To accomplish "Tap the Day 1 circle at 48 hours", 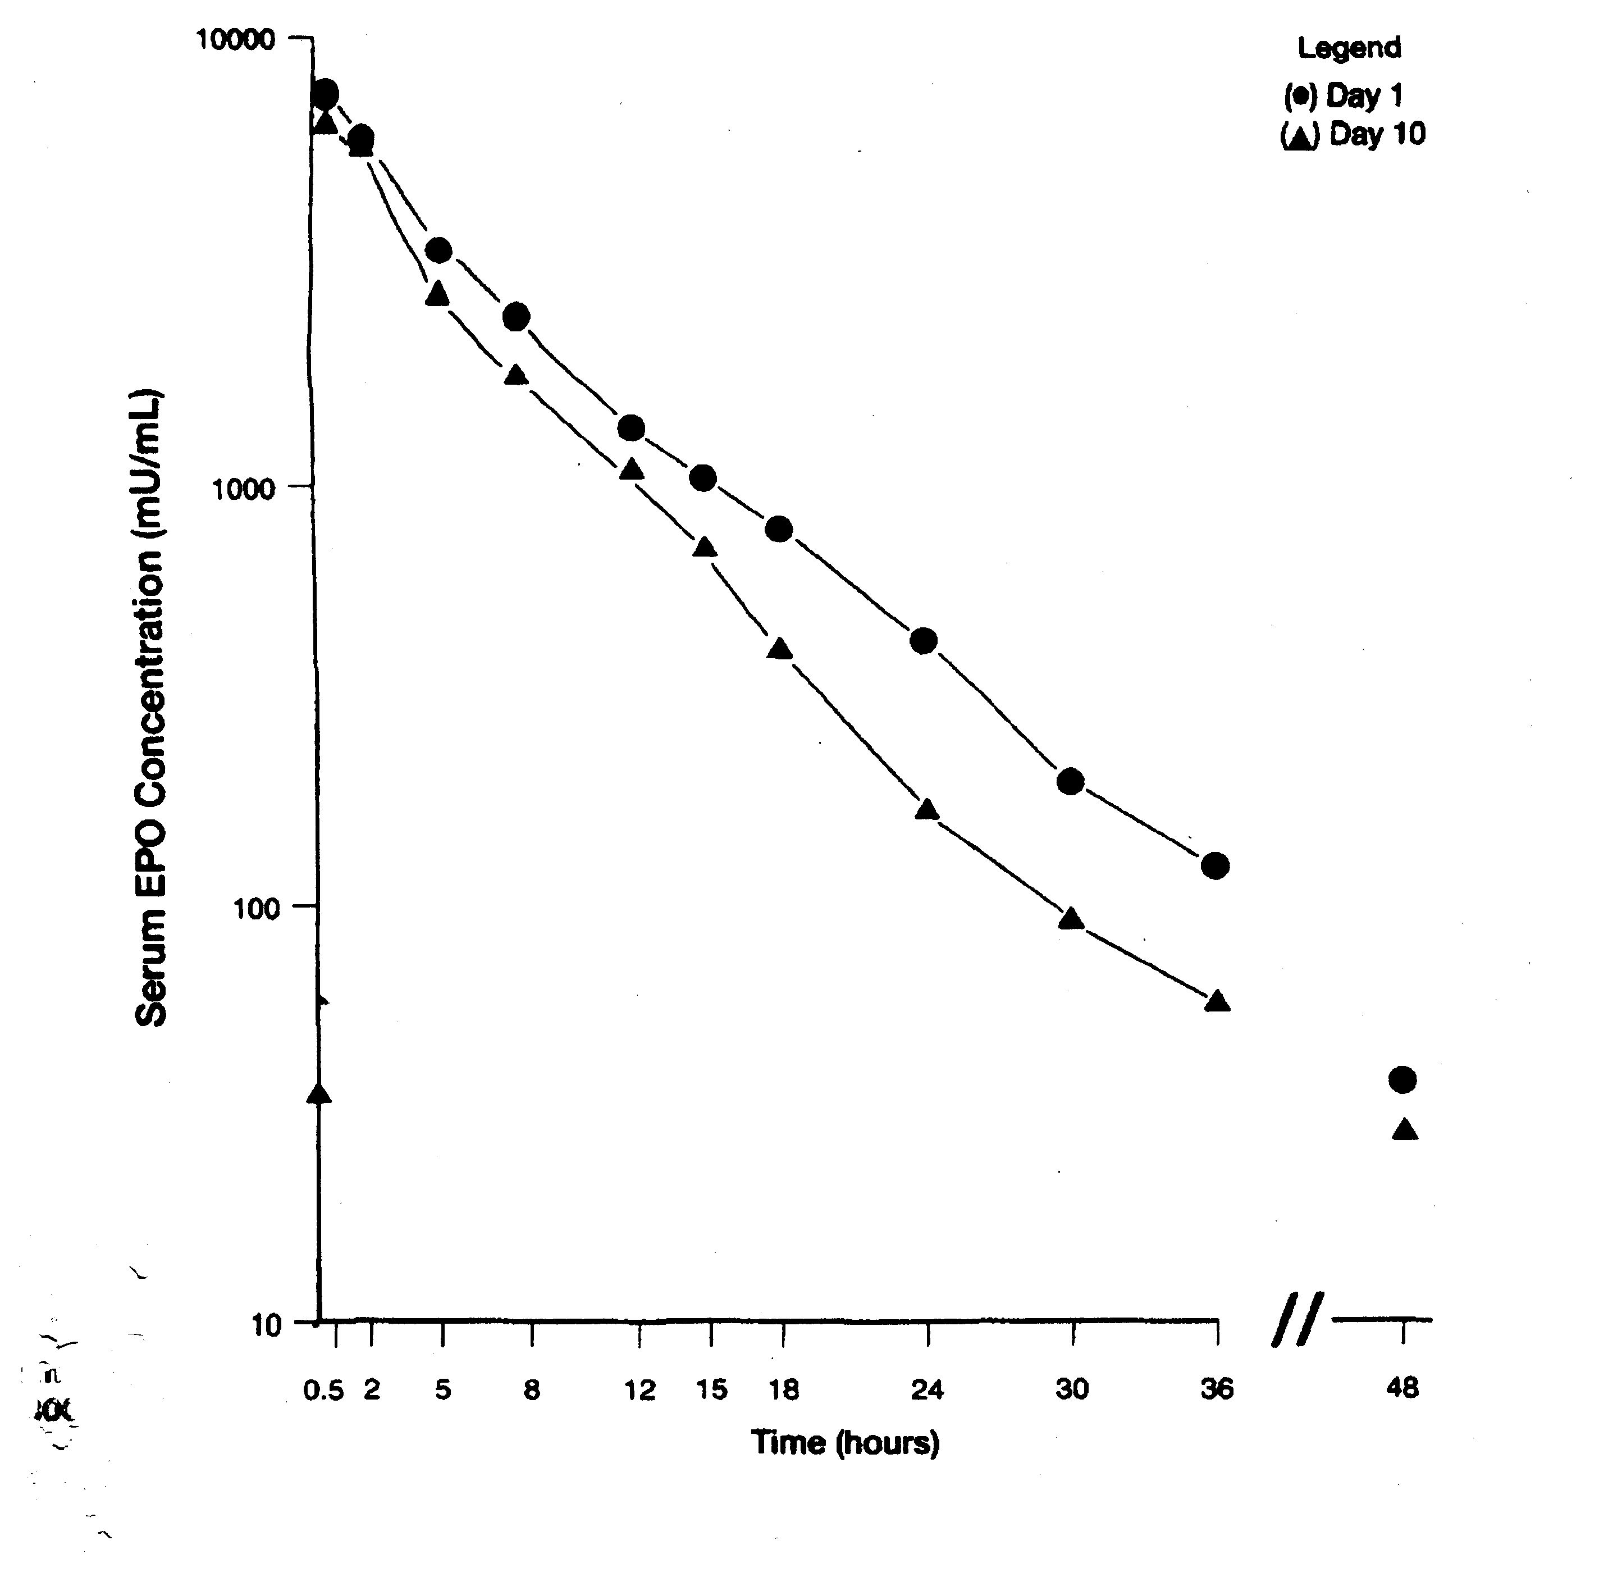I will pyautogui.click(x=1402, y=1079).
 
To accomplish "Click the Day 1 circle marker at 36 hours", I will pyautogui.click(x=1215, y=866).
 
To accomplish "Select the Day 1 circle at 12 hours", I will pyautogui.click(x=632, y=428).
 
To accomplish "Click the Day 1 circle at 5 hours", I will pyautogui.click(x=438, y=250).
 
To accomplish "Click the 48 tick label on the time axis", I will pyautogui.click(x=1402, y=1388).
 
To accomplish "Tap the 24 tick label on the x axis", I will pyautogui.click(x=927, y=1389).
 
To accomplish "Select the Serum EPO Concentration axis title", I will pyautogui.click(x=152, y=708).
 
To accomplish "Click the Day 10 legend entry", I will pyautogui.click(x=1353, y=134).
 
